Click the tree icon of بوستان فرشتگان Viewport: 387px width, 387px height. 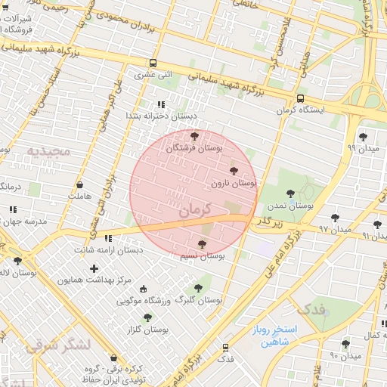[195, 137]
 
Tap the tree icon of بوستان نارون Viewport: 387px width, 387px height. [233, 172]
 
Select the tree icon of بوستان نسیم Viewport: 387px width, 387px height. [201, 244]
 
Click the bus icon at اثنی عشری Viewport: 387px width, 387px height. [153, 63]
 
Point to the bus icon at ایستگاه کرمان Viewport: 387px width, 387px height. [301, 98]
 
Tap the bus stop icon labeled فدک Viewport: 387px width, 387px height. [225, 347]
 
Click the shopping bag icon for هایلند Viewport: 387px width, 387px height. [80, 184]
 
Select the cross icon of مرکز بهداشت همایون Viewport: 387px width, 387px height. [94, 268]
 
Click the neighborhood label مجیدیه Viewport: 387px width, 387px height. [48, 151]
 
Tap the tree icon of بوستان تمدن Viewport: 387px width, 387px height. [291, 194]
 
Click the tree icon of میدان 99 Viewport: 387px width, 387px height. [363, 137]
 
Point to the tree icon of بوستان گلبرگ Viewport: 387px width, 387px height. [198, 288]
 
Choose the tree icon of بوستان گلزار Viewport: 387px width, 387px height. [147, 317]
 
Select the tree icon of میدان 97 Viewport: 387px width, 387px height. [335, 218]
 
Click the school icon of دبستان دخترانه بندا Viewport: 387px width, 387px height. [160, 104]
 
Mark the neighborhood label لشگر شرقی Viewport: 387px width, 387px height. [57, 345]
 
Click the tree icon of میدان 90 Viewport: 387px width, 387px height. [346, 343]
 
